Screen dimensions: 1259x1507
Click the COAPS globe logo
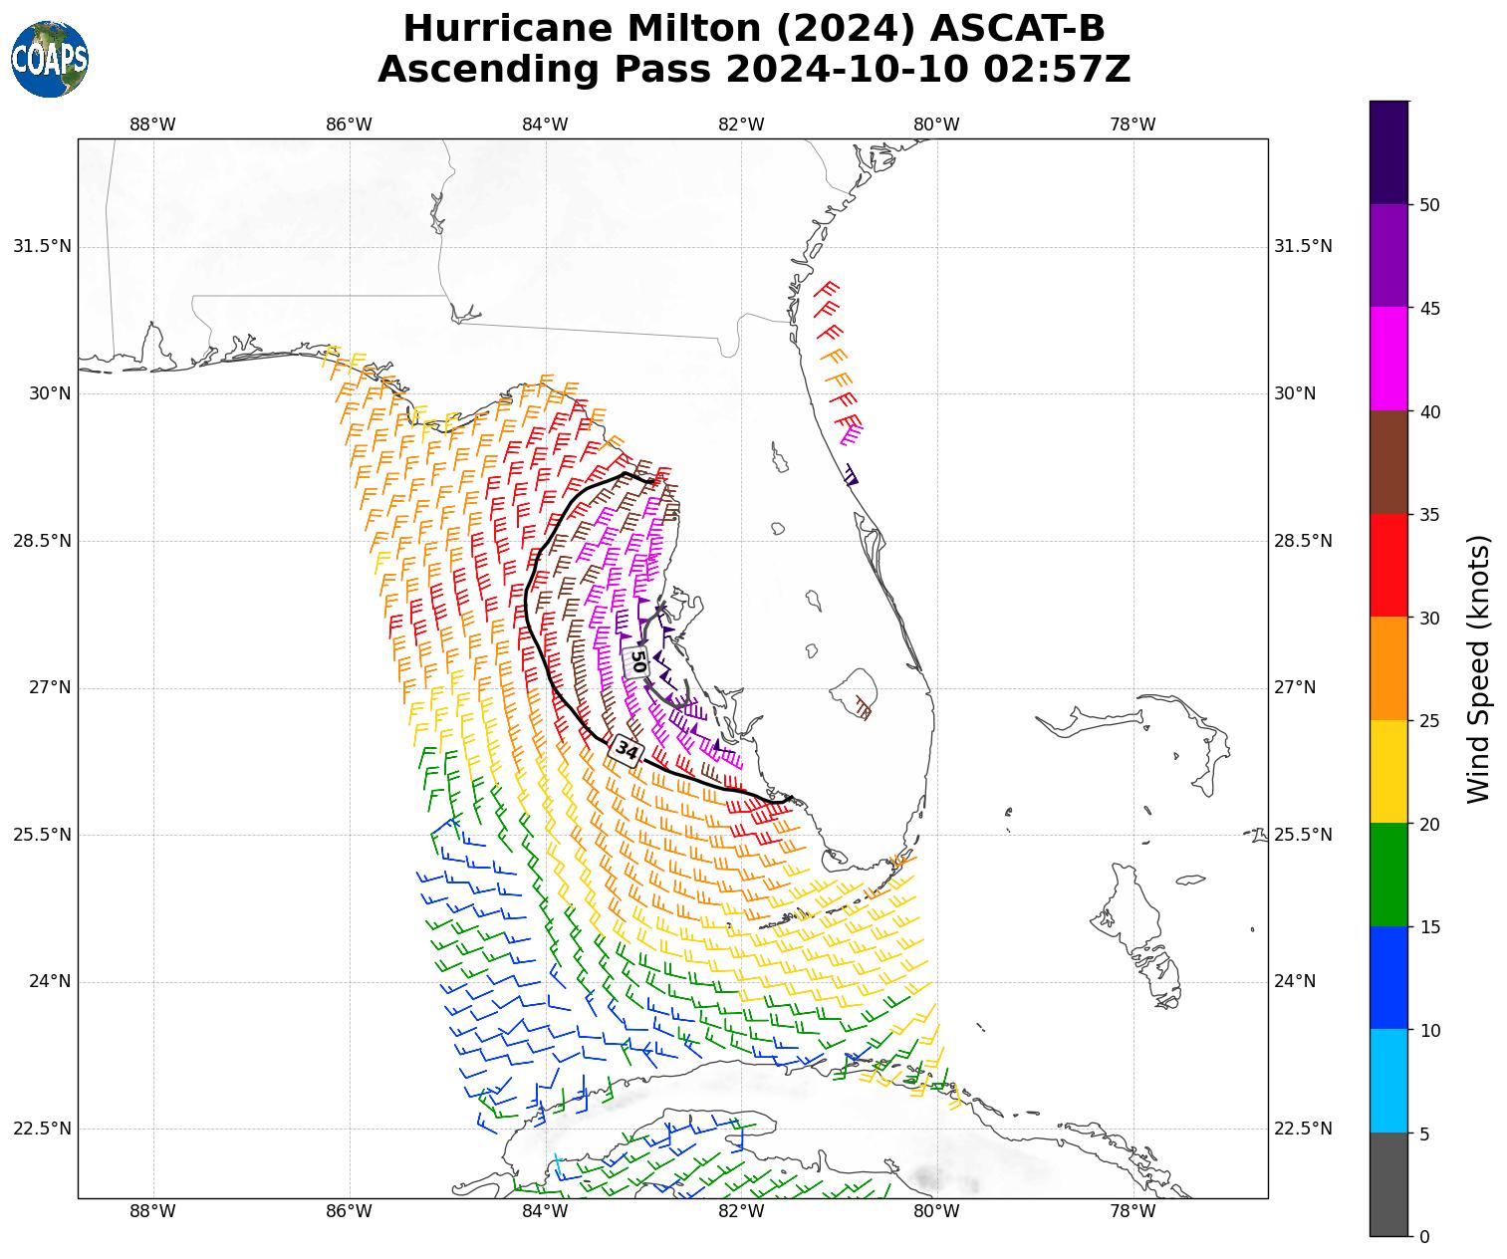pyautogui.click(x=50, y=60)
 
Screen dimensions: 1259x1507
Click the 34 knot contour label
pyautogui.click(x=627, y=749)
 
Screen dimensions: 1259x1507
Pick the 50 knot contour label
pyautogui.click(x=638, y=660)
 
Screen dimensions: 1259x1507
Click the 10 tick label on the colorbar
pyautogui.click(x=1429, y=1030)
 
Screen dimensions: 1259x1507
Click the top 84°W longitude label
pyautogui.click(x=545, y=125)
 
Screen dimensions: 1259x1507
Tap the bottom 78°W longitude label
pyautogui.click(x=1132, y=1211)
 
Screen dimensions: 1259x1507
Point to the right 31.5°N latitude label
pyautogui.click(x=1303, y=246)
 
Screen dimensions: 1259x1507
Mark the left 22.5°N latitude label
pyautogui.click(x=42, y=1129)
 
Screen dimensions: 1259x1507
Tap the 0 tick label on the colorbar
pyautogui.click(x=1424, y=1236)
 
